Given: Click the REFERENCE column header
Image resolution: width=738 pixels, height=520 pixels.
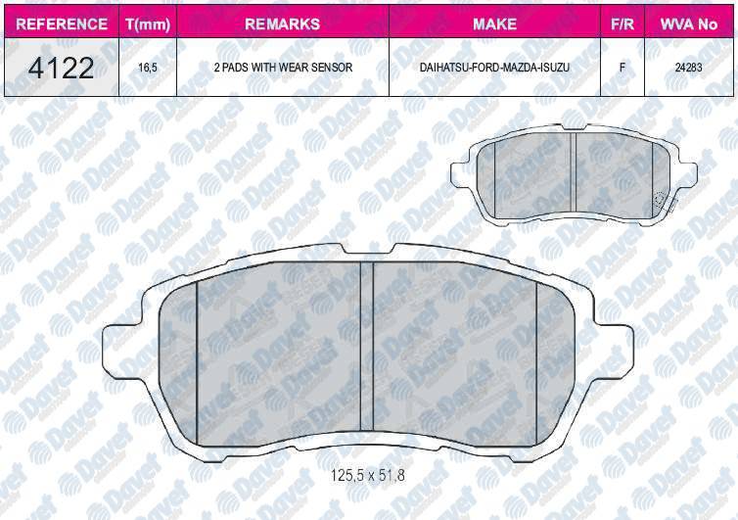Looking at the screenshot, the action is point(62,24).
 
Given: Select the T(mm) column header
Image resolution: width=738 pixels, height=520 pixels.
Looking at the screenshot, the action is point(148,24).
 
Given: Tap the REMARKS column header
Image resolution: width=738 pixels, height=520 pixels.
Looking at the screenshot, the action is point(283,24).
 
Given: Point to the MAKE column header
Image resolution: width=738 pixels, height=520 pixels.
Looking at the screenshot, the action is point(494,24).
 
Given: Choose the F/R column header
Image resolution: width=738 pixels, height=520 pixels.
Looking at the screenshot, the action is point(623,24).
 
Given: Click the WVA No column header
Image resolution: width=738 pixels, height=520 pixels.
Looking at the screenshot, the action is point(689,24).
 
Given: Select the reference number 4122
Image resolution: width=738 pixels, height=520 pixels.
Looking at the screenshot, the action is point(62,68).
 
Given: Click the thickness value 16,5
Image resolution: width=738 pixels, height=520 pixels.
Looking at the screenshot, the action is point(148,68).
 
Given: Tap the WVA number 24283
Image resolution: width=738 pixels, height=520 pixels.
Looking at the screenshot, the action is point(689,68).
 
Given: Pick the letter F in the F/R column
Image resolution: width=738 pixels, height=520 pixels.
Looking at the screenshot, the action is point(623,68).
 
